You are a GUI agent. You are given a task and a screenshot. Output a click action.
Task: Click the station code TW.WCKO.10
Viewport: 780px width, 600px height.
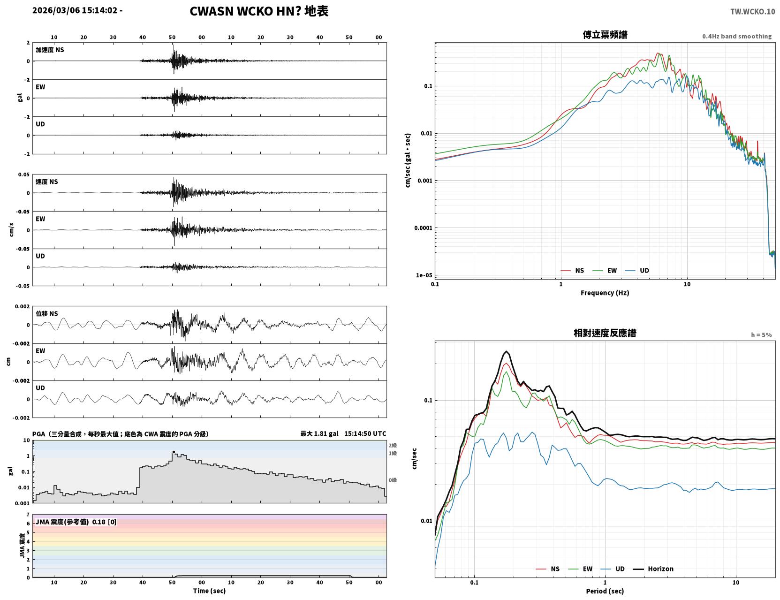(752, 11)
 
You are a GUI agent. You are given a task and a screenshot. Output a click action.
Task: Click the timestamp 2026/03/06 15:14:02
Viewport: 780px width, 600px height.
(75, 10)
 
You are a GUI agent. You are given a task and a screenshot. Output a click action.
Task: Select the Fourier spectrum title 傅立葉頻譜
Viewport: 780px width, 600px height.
(605, 35)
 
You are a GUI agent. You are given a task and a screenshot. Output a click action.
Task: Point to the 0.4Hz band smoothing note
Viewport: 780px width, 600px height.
(736, 36)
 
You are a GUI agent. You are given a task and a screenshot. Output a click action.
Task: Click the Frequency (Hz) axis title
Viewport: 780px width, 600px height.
(605, 293)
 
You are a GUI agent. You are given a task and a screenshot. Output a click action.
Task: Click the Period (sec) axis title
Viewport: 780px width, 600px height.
(605, 591)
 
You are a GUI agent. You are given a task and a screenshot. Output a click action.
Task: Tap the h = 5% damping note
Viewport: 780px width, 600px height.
(761, 335)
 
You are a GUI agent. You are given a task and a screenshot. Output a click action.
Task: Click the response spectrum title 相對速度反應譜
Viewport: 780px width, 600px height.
(605, 333)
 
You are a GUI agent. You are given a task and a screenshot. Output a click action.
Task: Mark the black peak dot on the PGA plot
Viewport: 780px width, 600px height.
(174, 452)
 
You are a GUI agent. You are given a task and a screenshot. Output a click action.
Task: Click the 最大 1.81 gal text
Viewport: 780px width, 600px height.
(319, 433)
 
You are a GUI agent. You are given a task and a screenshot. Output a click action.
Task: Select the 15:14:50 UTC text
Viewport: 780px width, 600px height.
(365, 433)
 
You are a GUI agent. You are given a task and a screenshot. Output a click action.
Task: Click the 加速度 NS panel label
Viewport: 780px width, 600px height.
(50, 50)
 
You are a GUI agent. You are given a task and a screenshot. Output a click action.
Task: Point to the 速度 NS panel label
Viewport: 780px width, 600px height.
(46, 182)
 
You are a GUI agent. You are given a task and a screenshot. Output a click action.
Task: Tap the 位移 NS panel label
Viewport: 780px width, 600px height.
(46, 313)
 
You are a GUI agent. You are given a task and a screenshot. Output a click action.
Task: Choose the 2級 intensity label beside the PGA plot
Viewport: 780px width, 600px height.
(393, 445)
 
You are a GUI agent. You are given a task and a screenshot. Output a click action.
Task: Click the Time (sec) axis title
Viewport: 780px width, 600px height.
(209, 591)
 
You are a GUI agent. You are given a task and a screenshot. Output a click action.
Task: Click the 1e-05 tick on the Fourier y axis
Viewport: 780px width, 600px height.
(424, 275)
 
